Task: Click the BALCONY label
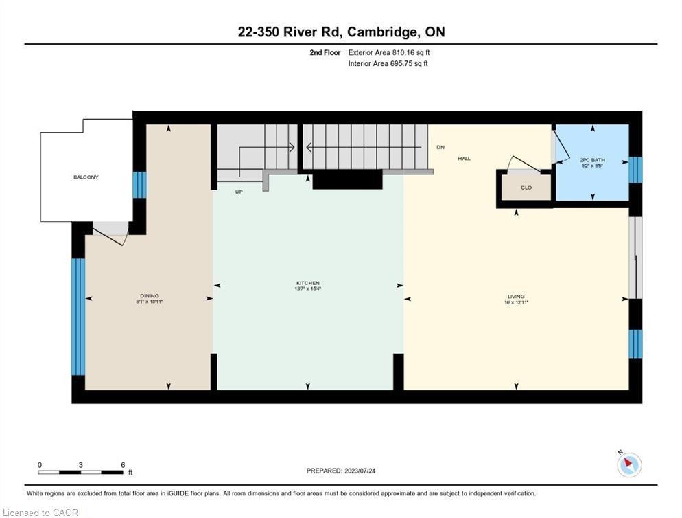[86, 177]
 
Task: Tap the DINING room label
[149, 295]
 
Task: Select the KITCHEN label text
[308, 283]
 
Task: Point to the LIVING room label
[516, 296]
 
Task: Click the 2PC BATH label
[591, 159]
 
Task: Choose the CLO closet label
[526, 187]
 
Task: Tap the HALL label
[465, 159]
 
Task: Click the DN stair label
[440, 148]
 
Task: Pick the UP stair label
[239, 192]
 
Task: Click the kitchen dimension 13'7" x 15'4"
[308, 289]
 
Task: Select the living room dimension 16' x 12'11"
[516, 302]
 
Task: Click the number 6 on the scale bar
[123, 465]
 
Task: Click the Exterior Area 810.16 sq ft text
[389, 52]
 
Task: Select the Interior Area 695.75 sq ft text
[388, 63]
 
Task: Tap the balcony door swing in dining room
[110, 234]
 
